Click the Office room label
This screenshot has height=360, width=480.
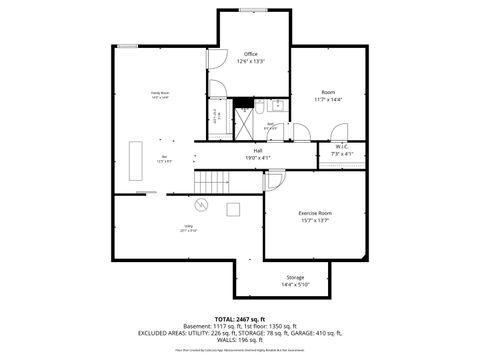click(x=251, y=54)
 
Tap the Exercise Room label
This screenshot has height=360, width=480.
click(x=315, y=213)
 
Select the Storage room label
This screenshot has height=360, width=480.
click(x=295, y=277)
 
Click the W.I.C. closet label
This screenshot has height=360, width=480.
click(x=341, y=147)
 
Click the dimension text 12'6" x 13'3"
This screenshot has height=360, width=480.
click(x=250, y=62)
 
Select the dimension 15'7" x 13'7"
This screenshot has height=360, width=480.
click(x=315, y=221)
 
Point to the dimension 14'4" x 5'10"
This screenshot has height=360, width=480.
click(x=295, y=285)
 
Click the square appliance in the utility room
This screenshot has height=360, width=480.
click(x=232, y=208)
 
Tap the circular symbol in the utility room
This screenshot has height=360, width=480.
click(x=201, y=206)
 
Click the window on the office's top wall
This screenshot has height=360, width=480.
click(x=251, y=11)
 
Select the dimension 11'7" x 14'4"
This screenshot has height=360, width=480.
click(x=327, y=100)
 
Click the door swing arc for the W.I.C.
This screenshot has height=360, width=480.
click(x=338, y=131)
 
